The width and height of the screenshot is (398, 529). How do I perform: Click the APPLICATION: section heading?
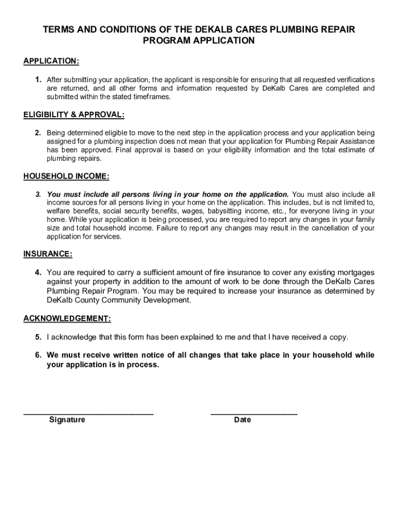click(51, 61)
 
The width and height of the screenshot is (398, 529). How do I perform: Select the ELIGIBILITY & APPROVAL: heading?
click(74, 114)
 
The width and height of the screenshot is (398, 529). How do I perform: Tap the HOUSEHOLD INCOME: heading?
click(66, 176)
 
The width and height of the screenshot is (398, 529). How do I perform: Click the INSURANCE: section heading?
click(48, 254)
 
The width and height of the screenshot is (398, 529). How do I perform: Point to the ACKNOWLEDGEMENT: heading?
click(67, 319)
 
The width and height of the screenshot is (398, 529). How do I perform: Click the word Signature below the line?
click(67, 419)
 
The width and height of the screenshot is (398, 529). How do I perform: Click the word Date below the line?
click(242, 419)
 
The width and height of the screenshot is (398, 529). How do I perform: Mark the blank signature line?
click(88, 413)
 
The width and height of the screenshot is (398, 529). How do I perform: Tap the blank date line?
click(254, 413)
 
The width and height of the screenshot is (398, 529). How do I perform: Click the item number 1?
click(38, 80)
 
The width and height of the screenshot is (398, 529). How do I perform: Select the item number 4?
click(38, 272)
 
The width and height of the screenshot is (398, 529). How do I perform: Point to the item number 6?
click(38, 355)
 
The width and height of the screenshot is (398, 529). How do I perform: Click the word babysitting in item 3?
click(228, 211)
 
